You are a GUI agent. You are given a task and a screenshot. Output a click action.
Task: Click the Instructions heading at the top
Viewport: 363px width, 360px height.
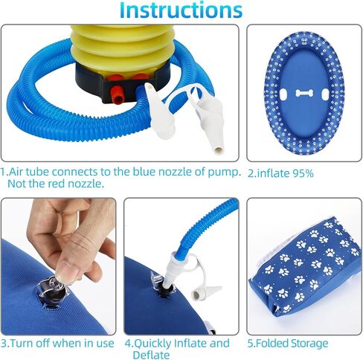(x=181, y=10)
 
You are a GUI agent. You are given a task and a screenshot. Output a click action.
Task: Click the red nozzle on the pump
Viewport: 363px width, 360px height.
(x=118, y=94)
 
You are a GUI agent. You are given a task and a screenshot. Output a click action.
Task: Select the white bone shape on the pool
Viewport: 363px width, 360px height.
(x=304, y=93)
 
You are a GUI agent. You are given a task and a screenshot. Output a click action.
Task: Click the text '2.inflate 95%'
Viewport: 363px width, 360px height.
(x=280, y=173)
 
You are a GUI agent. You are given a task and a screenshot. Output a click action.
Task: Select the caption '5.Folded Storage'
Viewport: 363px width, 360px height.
(x=288, y=344)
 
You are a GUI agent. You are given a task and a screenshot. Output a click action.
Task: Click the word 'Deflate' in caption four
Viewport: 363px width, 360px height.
(x=151, y=355)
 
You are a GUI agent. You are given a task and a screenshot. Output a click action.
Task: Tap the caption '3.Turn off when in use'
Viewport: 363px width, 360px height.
(x=57, y=344)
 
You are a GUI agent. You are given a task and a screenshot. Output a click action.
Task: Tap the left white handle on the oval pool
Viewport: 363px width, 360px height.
(x=283, y=94)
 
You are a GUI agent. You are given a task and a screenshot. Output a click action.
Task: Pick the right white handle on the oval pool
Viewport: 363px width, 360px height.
(x=325, y=94)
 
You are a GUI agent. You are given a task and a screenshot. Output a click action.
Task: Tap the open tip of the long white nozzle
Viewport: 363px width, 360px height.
(x=219, y=150)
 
